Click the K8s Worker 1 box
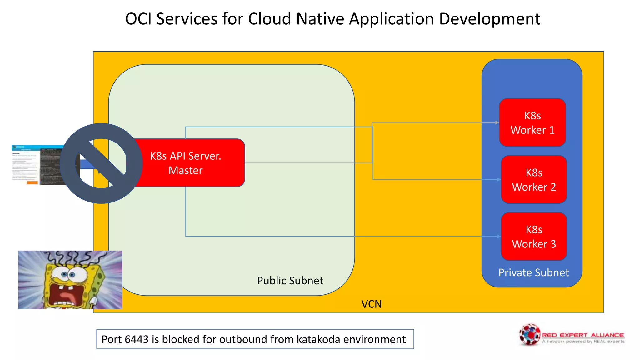532,122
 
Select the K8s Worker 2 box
534,179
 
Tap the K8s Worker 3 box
534,237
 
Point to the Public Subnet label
290,281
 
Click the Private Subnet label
533,272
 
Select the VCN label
371,304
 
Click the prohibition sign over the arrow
101,163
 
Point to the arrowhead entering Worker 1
497,122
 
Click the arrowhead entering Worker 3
499,237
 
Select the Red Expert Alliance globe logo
530,335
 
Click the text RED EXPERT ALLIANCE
583,335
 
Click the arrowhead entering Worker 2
499,179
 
